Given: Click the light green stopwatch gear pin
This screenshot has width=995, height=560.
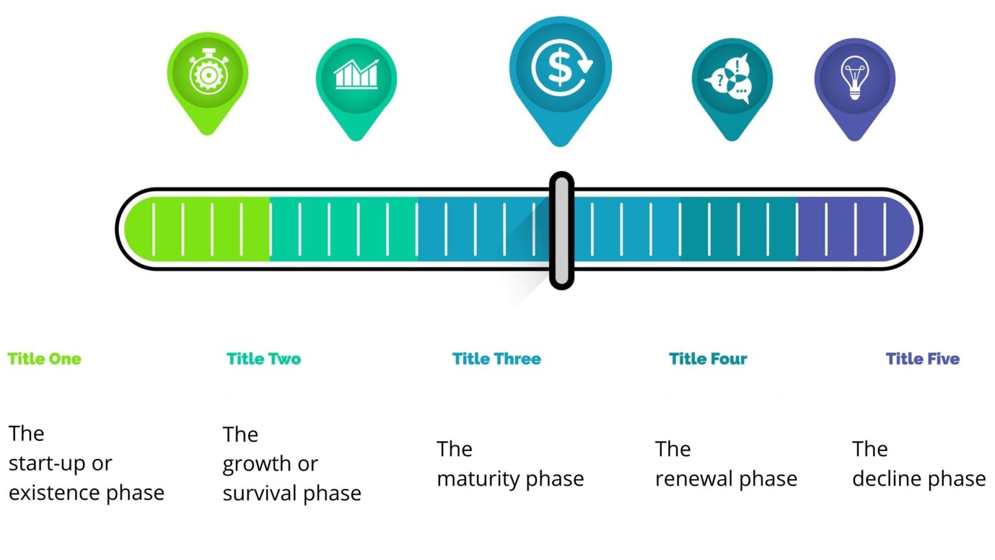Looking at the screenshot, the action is click(207, 83).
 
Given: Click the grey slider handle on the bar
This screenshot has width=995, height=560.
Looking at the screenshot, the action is click(562, 230).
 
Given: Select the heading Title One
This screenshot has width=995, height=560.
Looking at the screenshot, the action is click(45, 358).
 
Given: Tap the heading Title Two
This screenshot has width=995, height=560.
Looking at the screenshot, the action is click(264, 358).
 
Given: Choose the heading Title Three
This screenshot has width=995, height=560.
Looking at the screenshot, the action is click(497, 358).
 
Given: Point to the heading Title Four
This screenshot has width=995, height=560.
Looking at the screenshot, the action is click(708, 358).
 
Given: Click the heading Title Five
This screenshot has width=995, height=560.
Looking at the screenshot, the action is click(922, 358).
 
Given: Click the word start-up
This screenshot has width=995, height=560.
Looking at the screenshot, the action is click(47, 464).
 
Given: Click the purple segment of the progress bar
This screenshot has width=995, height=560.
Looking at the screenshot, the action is click(856, 229).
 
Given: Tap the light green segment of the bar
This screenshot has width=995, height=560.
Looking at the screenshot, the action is click(197, 229).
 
